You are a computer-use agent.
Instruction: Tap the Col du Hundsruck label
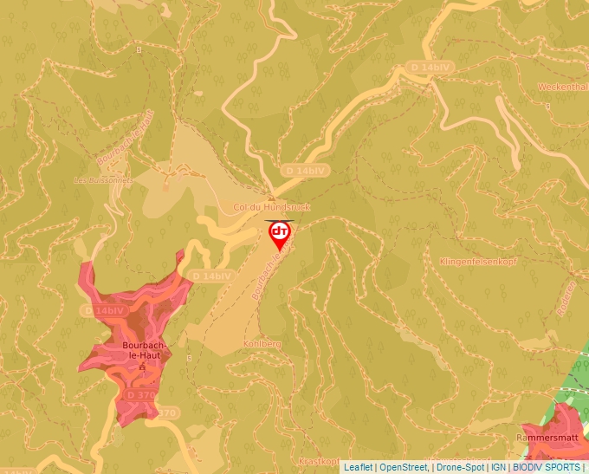pyautogui.click(x=272, y=208)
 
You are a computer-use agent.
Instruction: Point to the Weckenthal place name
pyautogui.click(x=562, y=87)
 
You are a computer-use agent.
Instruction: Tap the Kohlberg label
pyautogui.click(x=263, y=344)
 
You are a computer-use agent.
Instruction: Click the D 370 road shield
pyautogui.click(x=141, y=394)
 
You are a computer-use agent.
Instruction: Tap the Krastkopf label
pyautogui.click(x=319, y=462)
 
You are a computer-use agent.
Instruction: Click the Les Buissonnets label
pyautogui.click(x=104, y=180)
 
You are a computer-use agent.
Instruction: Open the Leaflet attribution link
pyautogui.click(x=359, y=467)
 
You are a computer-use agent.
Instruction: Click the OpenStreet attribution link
pyautogui.click(x=405, y=467)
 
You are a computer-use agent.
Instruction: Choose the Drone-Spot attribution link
pyautogui.click(x=460, y=467)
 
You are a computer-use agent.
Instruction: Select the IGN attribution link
pyautogui.click(x=498, y=467)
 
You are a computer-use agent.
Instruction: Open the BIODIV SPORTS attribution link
pyautogui.click(x=547, y=467)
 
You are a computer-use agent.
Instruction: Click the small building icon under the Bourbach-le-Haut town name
pyautogui.click(x=143, y=367)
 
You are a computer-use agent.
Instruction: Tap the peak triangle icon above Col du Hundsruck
pyautogui.click(x=271, y=196)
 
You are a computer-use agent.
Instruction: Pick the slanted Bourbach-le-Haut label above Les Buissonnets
pyautogui.click(x=126, y=139)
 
